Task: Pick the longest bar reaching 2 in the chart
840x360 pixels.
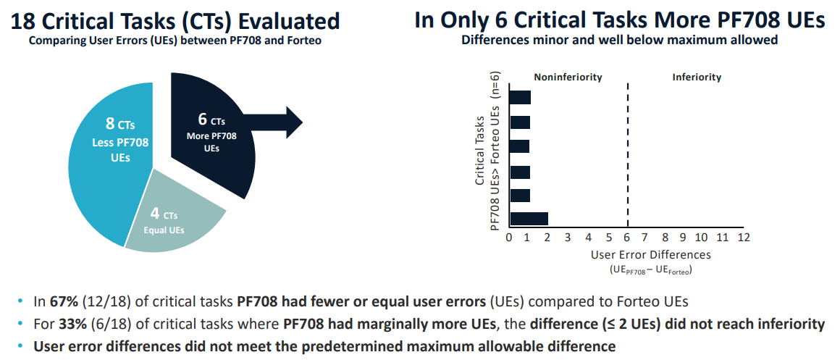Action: (x=529, y=219)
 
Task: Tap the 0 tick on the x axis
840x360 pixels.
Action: (x=509, y=238)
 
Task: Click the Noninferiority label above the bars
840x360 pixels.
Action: (x=568, y=78)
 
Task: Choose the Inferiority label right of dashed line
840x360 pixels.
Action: (x=696, y=78)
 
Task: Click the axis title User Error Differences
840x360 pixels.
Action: (x=650, y=255)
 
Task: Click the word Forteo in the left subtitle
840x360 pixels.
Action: (x=303, y=41)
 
